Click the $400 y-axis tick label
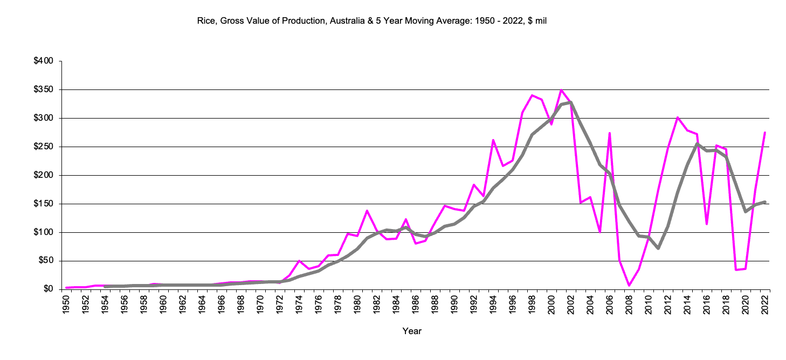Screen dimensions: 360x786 [43, 61]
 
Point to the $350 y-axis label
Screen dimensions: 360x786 [43, 90]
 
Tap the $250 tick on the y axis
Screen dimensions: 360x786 [43, 147]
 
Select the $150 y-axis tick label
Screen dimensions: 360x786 [43, 204]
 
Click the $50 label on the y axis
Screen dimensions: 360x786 [45, 261]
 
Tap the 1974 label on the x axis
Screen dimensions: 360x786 [299, 304]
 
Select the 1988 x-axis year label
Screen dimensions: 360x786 [435, 304]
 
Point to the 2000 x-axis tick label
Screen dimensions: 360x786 [551, 304]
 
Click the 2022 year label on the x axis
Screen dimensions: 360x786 [765, 304]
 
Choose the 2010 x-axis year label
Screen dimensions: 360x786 [649, 304]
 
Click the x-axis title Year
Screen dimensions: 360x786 [412, 331]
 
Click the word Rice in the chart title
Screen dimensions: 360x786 [208, 21]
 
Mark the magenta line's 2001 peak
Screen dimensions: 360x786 [561, 90]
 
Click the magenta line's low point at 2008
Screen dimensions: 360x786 [629, 285]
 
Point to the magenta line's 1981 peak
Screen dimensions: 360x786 [367, 211]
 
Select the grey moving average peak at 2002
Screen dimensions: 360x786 [571, 102]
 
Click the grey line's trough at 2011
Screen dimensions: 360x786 [658, 248]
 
